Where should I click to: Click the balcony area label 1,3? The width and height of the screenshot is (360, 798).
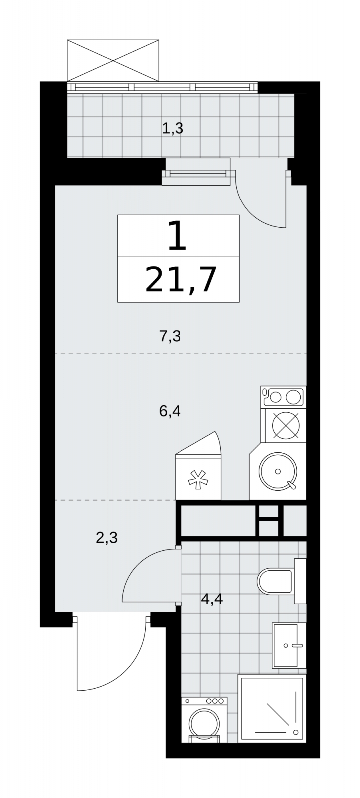[173, 128]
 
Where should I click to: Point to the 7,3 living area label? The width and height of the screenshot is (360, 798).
[170, 336]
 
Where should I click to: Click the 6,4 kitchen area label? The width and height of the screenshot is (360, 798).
[170, 411]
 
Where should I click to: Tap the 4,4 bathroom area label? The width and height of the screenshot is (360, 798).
[212, 599]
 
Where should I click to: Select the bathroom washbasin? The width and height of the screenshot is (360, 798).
[289, 645]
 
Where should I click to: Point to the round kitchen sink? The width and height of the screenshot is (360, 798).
[278, 471]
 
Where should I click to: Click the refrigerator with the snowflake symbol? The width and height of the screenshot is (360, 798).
[198, 471]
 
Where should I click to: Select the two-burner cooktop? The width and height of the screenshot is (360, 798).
[283, 396]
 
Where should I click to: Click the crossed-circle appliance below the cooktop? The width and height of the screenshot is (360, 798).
[286, 425]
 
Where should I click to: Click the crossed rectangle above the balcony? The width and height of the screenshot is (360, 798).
[113, 60]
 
